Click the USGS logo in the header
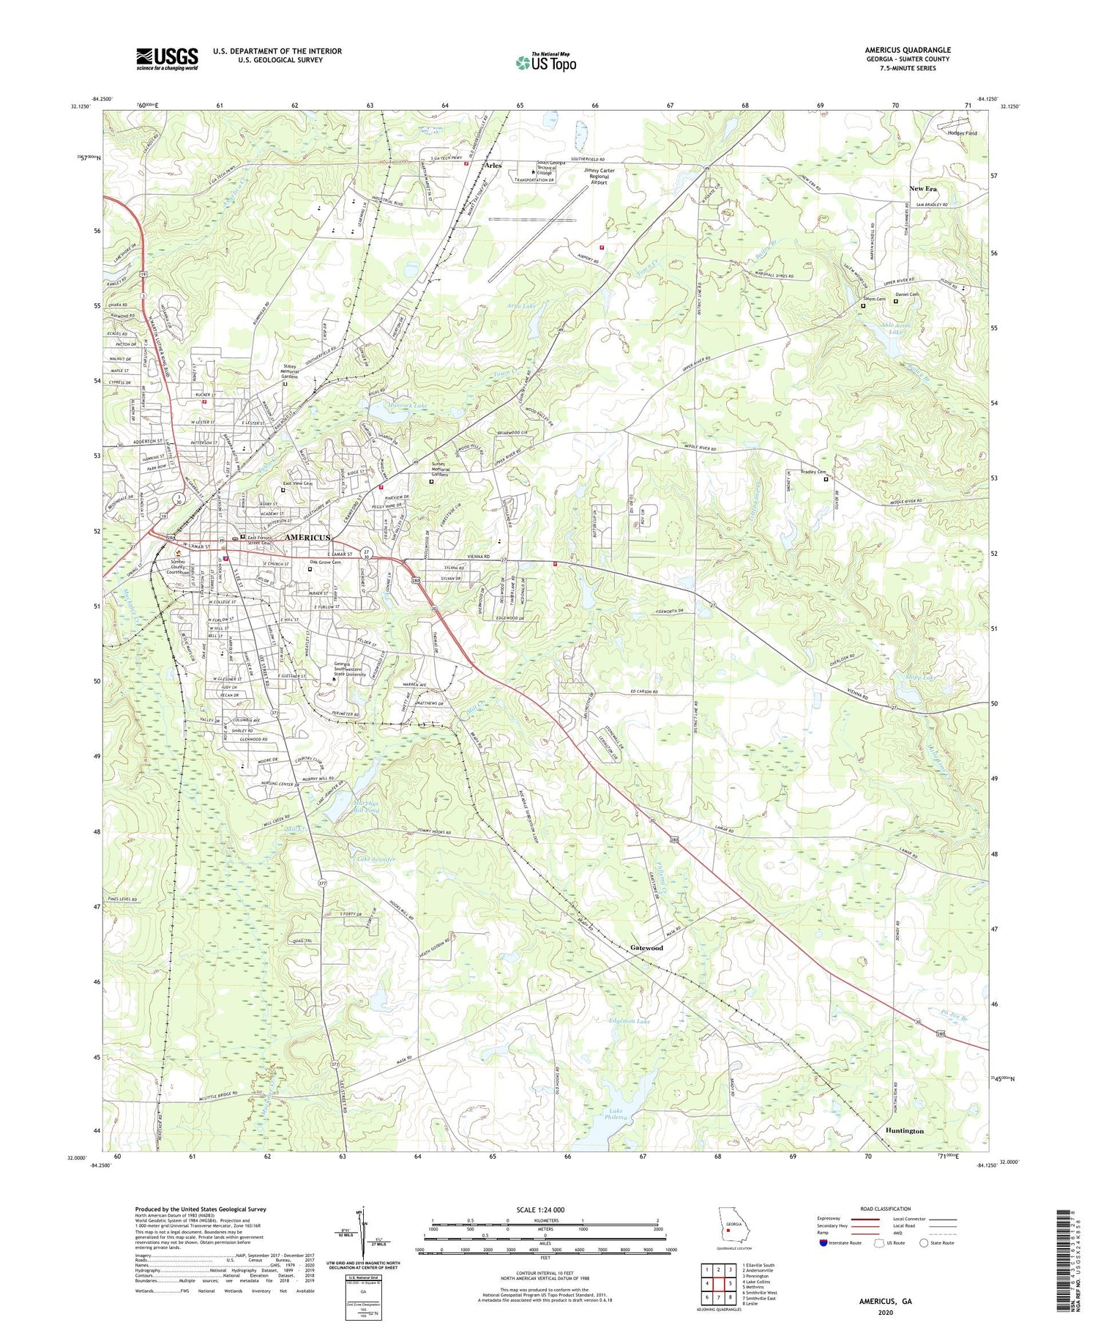click(166, 59)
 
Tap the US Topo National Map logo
click(545, 62)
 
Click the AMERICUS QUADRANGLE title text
click(907, 50)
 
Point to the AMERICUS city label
click(306, 537)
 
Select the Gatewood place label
click(646, 948)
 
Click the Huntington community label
click(904, 1131)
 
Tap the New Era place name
click(923, 189)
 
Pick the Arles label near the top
click(494, 166)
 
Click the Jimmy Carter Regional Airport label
click(599, 174)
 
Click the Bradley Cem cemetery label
click(813, 472)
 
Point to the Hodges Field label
click(962, 133)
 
